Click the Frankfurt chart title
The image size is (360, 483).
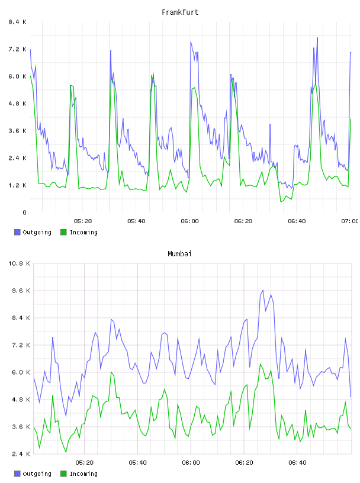[x=180, y=12]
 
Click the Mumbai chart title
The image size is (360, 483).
[x=179, y=254]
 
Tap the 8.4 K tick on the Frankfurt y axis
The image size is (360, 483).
[x=18, y=22]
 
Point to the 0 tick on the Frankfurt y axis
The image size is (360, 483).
[x=24, y=212]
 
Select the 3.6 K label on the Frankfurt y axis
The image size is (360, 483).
[x=18, y=131]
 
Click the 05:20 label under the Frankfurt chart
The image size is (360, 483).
[x=83, y=221]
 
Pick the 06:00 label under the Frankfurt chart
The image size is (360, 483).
[x=190, y=221]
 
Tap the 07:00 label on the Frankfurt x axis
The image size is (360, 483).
[x=350, y=221]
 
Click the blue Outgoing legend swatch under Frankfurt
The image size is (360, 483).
[x=17, y=232]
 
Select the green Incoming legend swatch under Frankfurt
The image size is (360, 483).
[x=63, y=232]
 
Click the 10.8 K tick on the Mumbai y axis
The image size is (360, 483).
[x=20, y=263]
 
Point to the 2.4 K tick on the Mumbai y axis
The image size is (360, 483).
[x=21, y=454]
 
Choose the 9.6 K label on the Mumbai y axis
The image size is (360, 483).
[x=21, y=291]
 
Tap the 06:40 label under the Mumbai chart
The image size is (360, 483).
[x=297, y=463]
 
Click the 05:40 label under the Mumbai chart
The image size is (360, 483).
[x=138, y=463]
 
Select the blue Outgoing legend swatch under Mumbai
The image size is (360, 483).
[x=17, y=474]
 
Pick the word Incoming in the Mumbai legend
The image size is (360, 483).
[x=83, y=474]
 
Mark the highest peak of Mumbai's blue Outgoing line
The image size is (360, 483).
[x=263, y=290]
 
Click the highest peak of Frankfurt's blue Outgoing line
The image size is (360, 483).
[x=317, y=38]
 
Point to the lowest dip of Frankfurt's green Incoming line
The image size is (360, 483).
[x=281, y=202]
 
